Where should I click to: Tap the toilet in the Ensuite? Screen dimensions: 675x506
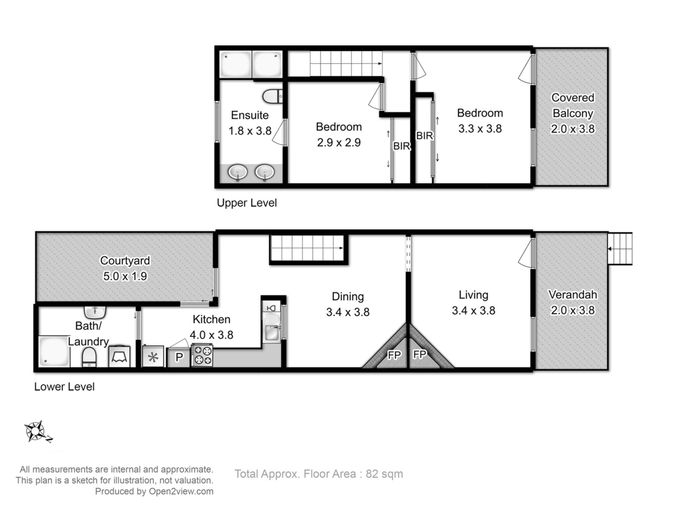(272, 96)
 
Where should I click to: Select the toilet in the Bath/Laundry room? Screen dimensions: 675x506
(89, 358)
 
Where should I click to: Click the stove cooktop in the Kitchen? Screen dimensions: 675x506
(202, 355)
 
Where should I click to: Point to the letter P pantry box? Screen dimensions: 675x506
(179, 357)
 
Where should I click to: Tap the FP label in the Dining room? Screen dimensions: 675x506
(394, 355)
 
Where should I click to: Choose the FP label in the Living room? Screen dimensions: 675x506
(420, 355)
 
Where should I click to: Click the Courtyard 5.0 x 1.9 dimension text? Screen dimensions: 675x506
(125, 276)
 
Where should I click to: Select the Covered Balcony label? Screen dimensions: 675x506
(573, 105)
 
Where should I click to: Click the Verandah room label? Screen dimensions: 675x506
(573, 295)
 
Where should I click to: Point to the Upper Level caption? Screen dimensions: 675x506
(246, 203)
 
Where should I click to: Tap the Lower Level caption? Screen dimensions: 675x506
(64, 387)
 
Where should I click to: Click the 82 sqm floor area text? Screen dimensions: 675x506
(384, 474)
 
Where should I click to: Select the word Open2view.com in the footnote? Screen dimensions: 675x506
(181, 491)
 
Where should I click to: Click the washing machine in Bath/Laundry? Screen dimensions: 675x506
(119, 356)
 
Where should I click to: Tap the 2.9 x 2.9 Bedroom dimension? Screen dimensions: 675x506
(339, 143)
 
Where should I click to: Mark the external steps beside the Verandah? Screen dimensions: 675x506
(620, 249)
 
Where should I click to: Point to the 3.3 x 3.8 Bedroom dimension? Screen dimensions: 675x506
(480, 129)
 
